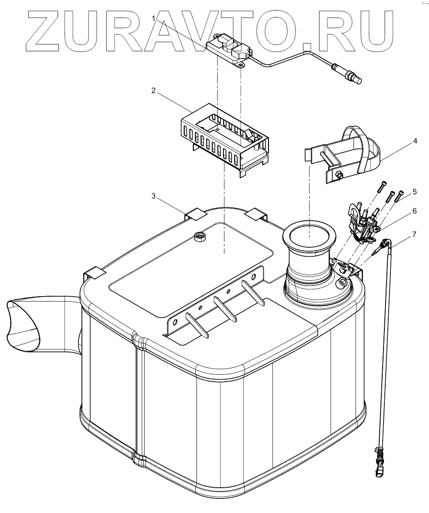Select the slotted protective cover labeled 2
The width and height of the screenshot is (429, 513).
tap(223, 137)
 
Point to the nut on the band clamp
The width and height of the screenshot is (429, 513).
tap(338, 175)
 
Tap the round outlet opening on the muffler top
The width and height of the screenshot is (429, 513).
tap(309, 236)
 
